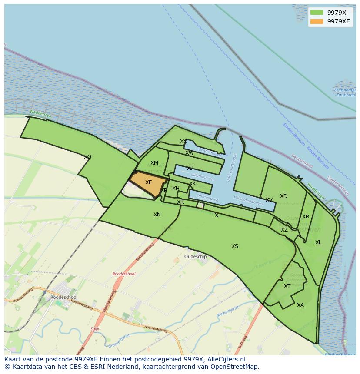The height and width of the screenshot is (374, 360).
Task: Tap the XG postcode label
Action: click(x=87, y=157)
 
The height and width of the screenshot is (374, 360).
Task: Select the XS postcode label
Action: click(x=235, y=246)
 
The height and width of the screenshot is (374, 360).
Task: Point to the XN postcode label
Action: click(x=157, y=215)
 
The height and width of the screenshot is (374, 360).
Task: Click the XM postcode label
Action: click(x=154, y=163)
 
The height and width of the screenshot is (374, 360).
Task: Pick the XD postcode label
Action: click(x=283, y=196)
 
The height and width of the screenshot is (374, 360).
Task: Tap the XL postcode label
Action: click(x=318, y=242)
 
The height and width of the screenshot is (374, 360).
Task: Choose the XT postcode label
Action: click(x=287, y=286)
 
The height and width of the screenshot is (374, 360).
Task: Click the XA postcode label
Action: click(x=300, y=305)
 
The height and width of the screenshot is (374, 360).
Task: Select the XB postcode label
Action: click(x=306, y=217)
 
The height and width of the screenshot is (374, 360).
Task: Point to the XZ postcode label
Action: click(x=284, y=230)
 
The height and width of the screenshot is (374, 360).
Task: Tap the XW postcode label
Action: click(x=190, y=153)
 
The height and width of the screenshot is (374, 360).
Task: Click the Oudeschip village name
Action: click(x=196, y=257)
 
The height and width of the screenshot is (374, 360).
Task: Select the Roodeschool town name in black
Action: click(x=63, y=298)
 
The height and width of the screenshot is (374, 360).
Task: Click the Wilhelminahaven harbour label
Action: click(x=249, y=201)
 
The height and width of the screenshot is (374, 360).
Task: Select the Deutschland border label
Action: click(x=302, y=162)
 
